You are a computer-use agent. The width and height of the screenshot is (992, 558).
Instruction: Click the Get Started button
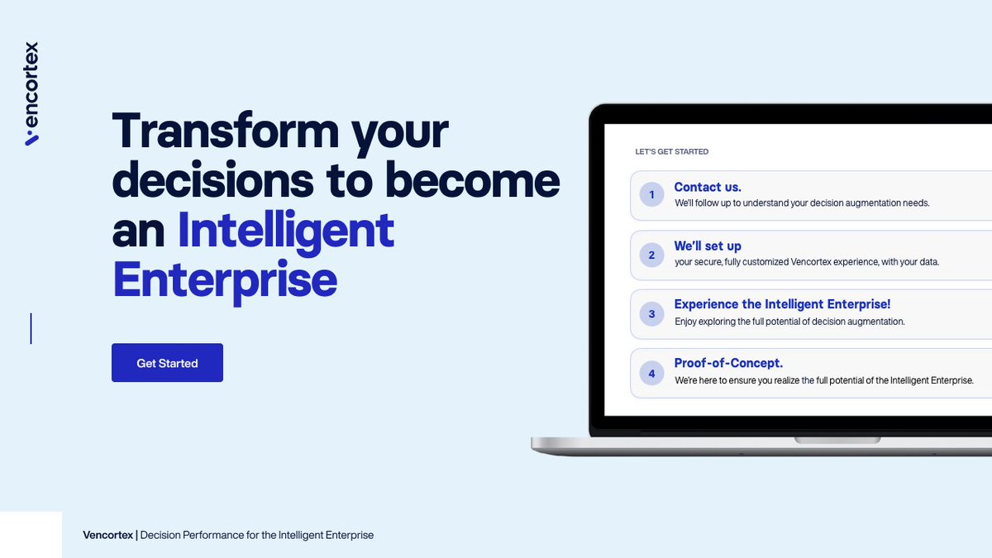pos(167,363)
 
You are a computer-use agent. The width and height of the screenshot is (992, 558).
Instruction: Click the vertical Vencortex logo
pos(31,93)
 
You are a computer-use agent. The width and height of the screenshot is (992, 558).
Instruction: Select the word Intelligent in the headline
pos(286,231)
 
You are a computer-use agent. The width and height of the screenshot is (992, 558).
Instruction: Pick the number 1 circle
pos(651,195)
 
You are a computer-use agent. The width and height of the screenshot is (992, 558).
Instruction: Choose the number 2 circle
pos(651,255)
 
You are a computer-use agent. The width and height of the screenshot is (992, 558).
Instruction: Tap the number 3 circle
pos(651,314)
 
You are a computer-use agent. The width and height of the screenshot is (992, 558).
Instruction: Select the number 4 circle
pos(651,374)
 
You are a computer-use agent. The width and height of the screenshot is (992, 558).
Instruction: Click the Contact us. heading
pos(708,187)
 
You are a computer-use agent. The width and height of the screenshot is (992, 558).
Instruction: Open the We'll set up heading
pos(708,246)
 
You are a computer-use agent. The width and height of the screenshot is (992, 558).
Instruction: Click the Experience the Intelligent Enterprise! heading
pos(782,305)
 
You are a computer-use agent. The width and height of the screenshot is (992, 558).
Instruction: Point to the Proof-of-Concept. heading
pos(728,364)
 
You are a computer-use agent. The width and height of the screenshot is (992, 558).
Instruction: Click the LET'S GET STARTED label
pos(671,152)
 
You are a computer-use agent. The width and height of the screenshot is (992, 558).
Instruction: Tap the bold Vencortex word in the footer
pos(107,536)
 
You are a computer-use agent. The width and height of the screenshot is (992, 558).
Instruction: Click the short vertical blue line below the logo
pos(31,328)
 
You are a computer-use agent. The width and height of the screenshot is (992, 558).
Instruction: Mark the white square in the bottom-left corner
pos(31,535)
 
